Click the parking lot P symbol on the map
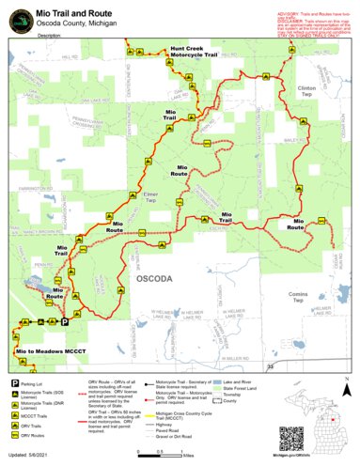click(65, 322)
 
